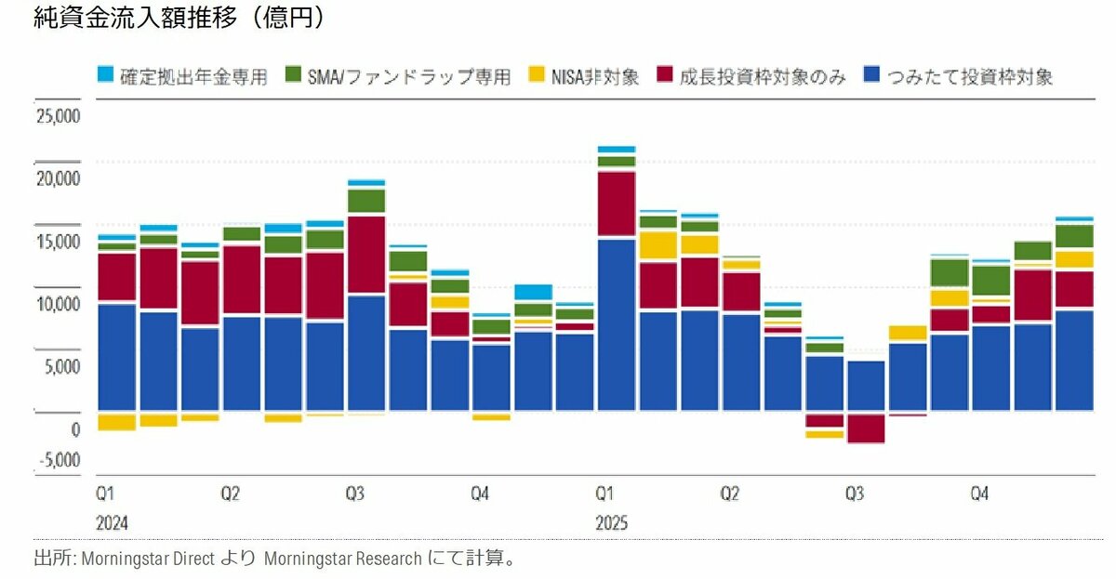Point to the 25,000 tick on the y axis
[59, 117]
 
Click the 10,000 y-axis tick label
[59, 304]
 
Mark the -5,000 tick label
[59, 460]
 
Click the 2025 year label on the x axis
[611, 523]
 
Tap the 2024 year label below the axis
[112, 523]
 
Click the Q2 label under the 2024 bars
[230, 493]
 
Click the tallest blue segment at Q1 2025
[617, 325]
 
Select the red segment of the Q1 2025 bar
[617, 204]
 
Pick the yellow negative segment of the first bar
[116, 421]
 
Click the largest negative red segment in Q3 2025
[866, 428]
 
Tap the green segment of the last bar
[1074, 236]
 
